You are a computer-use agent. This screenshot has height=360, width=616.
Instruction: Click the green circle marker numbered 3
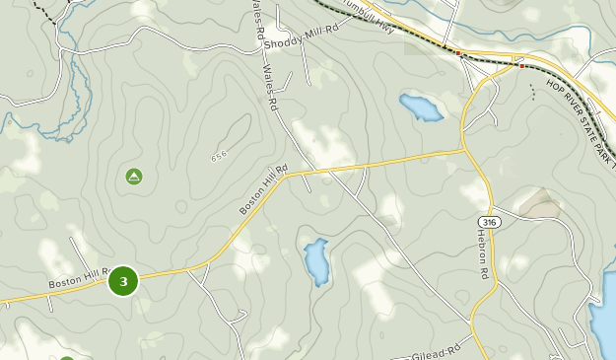click(x=123, y=281)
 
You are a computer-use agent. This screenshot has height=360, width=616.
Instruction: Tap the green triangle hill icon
click(x=134, y=177)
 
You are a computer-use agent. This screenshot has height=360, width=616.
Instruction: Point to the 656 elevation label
click(x=219, y=156)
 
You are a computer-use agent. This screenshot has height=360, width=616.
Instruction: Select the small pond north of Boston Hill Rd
click(x=421, y=107)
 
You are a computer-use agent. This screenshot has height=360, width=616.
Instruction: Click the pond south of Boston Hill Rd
click(x=315, y=261)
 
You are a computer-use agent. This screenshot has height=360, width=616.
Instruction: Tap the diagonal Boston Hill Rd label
click(x=262, y=189)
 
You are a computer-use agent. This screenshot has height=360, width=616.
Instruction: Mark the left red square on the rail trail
click(x=458, y=52)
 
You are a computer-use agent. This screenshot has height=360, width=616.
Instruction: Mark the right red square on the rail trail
click(x=521, y=66)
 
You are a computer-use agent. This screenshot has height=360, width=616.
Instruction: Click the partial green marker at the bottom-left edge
click(x=66, y=357)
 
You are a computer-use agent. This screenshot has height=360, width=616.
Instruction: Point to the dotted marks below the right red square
click(x=533, y=92)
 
